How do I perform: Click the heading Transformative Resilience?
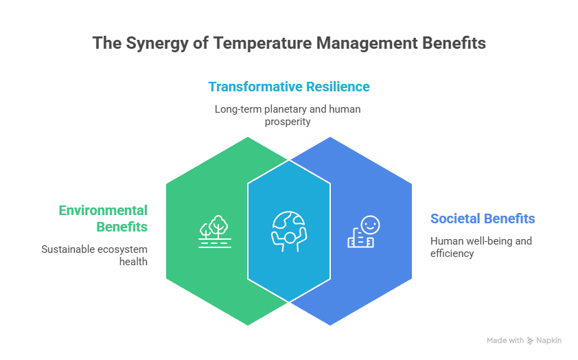[289, 87]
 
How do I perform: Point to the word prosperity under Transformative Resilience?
[288, 122]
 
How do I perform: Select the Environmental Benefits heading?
[103, 218]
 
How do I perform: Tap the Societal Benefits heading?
[483, 218]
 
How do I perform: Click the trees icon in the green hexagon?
[213, 231]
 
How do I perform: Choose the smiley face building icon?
[364, 232]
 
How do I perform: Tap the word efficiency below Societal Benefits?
[452, 254]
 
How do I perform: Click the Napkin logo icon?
[530, 341]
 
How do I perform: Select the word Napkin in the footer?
[548, 341]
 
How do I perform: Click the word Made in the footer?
[496, 341]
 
